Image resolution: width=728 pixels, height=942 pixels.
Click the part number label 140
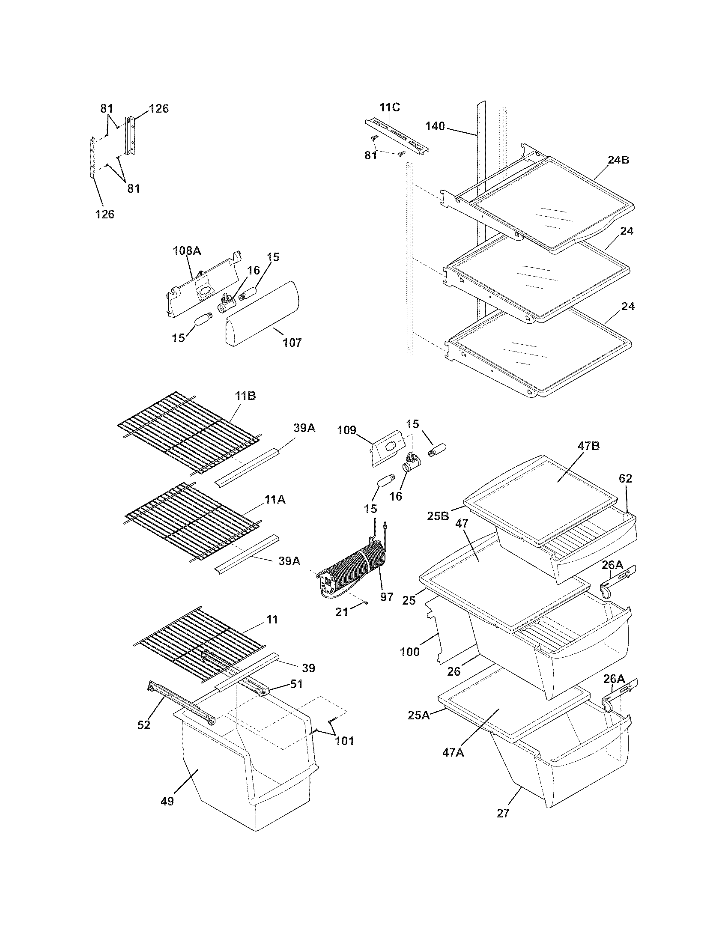tap(435, 126)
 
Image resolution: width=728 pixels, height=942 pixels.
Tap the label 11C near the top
tap(389, 107)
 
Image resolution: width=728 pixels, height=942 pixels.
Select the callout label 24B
tap(618, 160)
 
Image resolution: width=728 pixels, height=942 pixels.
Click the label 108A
tap(187, 250)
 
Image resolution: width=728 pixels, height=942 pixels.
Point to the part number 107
tap(292, 343)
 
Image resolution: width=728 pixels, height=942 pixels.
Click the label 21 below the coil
tap(342, 611)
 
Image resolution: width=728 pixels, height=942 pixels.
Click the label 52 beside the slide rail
tap(143, 725)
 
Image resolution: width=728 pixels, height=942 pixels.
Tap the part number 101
tap(344, 741)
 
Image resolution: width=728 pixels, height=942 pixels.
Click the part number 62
tap(625, 478)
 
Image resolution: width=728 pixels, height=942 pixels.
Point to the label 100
tap(410, 652)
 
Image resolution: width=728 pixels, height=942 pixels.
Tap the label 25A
tap(419, 715)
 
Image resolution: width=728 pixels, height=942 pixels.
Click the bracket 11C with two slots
tap(397, 136)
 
